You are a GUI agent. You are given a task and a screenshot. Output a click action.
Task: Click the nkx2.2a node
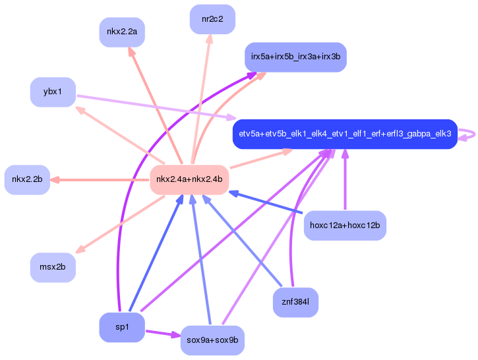tap(122, 32)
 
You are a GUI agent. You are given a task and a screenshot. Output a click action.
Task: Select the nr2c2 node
tap(212, 19)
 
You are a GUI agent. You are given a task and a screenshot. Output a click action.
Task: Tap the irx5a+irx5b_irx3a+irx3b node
tap(295, 57)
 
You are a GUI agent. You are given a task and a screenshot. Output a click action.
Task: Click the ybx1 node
tap(53, 92)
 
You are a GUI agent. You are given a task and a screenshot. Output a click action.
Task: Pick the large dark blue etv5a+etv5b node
tap(345, 134)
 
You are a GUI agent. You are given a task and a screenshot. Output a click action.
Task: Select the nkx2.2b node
tap(27, 179)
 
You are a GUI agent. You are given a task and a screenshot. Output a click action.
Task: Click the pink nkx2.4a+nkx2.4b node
tap(189, 179)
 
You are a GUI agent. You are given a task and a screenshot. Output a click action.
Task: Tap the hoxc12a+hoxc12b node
tap(345, 225)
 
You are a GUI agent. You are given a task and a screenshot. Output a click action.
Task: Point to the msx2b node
tap(53, 268)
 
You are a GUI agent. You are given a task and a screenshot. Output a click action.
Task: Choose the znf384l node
tap(295, 303)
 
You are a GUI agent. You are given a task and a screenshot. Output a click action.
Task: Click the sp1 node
tap(122, 327)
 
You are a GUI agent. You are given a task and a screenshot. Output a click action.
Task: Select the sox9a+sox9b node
tap(212, 340)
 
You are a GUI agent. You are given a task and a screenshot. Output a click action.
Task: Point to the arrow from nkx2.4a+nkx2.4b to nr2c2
tap(201, 99)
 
